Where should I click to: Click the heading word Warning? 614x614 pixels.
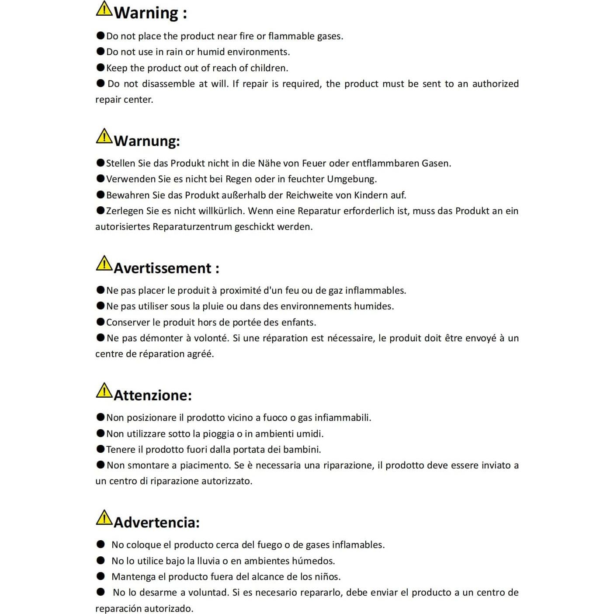click(x=146, y=13)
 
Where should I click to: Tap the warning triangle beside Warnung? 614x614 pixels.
click(x=104, y=136)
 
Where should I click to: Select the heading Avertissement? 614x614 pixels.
click(x=163, y=268)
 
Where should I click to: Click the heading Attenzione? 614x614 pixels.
click(x=153, y=395)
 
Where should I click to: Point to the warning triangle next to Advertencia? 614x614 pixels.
click(x=104, y=518)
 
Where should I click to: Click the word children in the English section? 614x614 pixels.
click(x=268, y=68)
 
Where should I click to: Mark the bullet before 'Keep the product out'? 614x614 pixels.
click(x=101, y=67)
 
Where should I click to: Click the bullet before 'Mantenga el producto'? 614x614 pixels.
click(x=101, y=576)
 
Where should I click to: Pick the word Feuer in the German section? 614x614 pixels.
click(x=314, y=163)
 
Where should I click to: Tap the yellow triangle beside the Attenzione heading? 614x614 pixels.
click(x=104, y=391)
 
